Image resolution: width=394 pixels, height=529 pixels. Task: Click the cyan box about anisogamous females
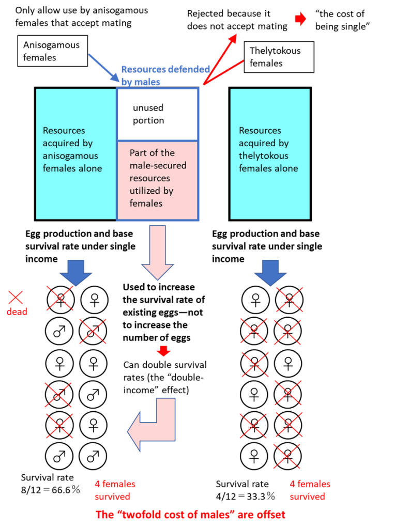[x=75, y=153]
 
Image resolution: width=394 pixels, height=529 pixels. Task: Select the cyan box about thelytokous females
[x=270, y=153]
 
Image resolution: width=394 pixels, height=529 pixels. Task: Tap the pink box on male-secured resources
[x=158, y=180]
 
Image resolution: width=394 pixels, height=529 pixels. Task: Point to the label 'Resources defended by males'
[x=165, y=75]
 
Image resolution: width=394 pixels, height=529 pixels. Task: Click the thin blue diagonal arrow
[x=103, y=67]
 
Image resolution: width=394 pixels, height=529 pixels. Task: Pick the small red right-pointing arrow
[x=300, y=19]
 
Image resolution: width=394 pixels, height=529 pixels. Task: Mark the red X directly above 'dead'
[x=16, y=297]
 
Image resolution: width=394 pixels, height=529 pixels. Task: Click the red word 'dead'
[x=17, y=312]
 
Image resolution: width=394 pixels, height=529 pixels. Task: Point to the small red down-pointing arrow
[x=163, y=351]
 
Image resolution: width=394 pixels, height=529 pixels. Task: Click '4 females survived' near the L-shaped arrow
[x=115, y=490]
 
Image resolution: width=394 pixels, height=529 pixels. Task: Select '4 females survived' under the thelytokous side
[x=309, y=490]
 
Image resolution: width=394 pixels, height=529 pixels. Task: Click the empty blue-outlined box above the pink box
[x=158, y=114]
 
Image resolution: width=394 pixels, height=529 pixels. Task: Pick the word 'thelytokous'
[x=263, y=155]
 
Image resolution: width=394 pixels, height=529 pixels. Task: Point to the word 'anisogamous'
[x=70, y=155]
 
